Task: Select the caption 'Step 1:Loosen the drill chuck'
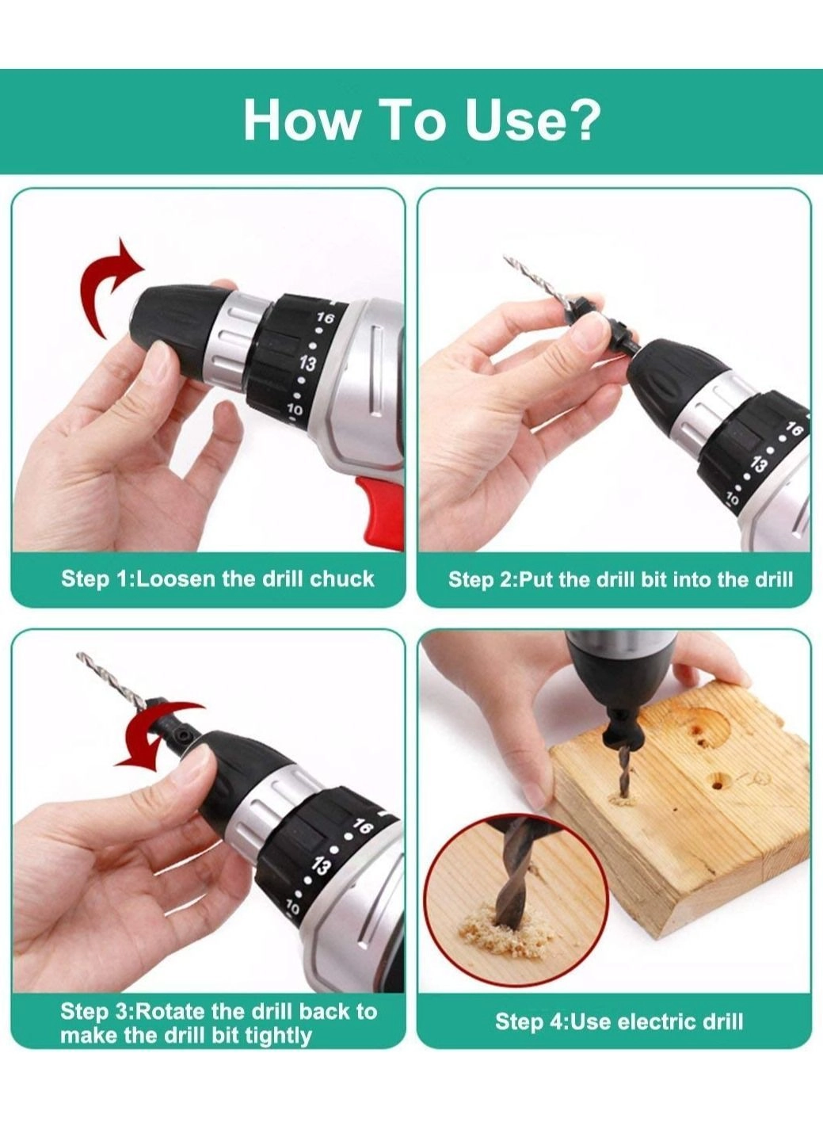point(217,578)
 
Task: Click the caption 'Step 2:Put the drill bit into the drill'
point(620,579)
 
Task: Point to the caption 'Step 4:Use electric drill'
point(619,1021)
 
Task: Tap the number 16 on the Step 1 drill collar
point(325,318)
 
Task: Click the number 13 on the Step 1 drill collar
point(307,364)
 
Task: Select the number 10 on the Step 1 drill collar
point(295,410)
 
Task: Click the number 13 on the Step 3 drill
point(321,865)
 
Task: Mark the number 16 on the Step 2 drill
point(794,430)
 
